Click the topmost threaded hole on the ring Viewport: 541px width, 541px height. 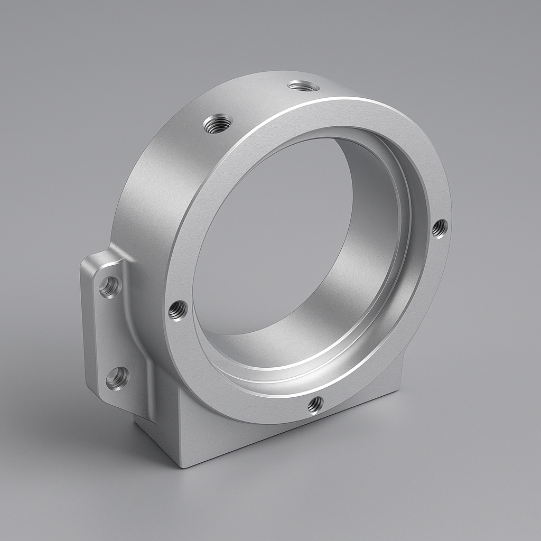pyautogui.click(x=303, y=86)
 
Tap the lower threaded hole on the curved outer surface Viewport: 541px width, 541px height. pyautogui.click(x=218, y=124)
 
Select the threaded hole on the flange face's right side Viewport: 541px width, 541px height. pyautogui.click(x=439, y=228)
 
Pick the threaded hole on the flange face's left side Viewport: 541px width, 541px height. pyautogui.click(x=178, y=310)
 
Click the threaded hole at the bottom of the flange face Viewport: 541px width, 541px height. pyautogui.click(x=315, y=405)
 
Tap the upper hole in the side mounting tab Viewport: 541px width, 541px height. pyautogui.click(x=110, y=287)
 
